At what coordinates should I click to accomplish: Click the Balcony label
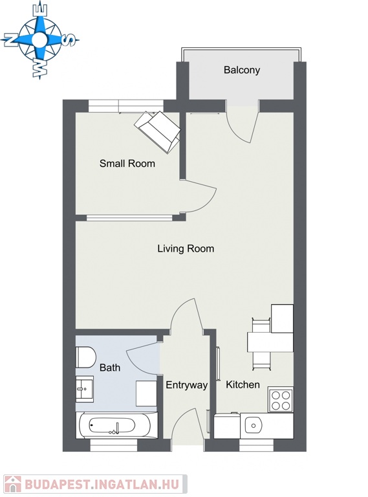click(x=242, y=70)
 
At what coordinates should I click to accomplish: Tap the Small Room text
click(x=127, y=164)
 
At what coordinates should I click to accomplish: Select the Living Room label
click(x=186, y=248)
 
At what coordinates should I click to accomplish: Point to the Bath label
click(x=110, y=368)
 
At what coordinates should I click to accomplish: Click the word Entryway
click(x=186, y=385)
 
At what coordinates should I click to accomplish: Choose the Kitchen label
click(x=243, y=384)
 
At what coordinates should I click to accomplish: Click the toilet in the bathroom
click(x=85, y=357)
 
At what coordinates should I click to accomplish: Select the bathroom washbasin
click(x=84, y=389)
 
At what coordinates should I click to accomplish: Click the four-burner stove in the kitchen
click(x=281, y=399)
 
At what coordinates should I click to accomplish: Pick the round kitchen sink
click(x=253, y=426)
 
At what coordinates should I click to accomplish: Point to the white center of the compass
click(x=39, y=39)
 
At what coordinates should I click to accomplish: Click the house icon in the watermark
click(x=13, y=484)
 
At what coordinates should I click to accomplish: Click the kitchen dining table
click(x=270, y=342)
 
